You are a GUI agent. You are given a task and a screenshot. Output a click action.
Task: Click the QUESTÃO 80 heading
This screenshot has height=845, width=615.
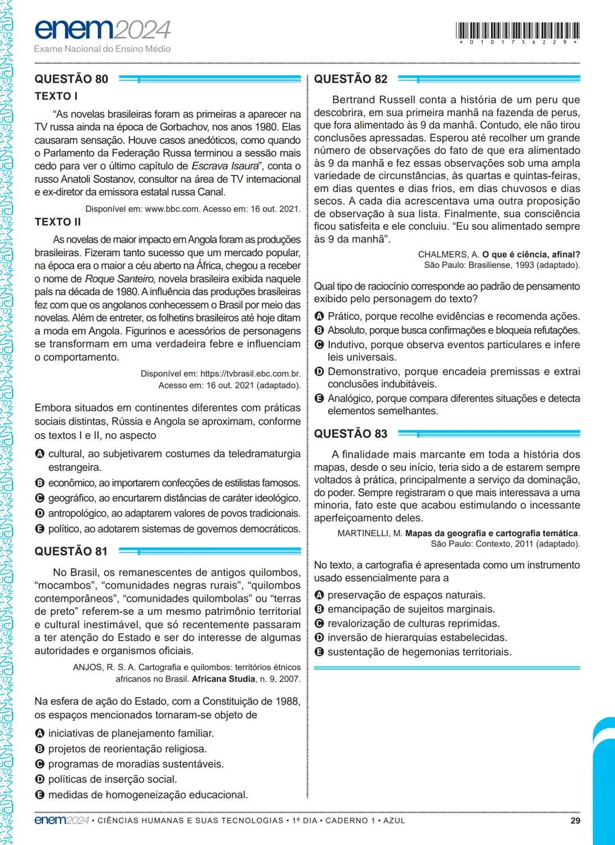click(x=71, y=79)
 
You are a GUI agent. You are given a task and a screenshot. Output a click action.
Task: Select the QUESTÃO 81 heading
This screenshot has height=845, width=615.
click(x=71, y=552)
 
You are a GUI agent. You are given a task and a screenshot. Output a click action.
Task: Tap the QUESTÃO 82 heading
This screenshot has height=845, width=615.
click(x=351, y=79)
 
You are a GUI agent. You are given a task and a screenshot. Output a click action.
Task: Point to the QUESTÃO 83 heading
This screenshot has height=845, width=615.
click(x=351, y=434)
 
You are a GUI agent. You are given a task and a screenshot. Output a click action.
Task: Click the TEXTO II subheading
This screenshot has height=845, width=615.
click(x=58, y=222)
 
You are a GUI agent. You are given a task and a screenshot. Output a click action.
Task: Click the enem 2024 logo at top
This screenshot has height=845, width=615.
click(x=102, y=30)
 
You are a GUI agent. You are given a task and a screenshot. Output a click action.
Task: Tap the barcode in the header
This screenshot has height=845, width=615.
click(x=518, y=30)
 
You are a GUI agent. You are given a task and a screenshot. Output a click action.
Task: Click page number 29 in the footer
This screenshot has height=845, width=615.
click(x=575, y=820)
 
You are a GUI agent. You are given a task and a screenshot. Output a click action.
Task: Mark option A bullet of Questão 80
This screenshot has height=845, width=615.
click(x=39, y=454)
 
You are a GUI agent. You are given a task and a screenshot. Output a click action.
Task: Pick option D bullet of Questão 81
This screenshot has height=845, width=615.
click(x=39, y=779)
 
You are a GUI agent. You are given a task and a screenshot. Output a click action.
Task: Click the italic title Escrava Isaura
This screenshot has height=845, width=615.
click(x=225, y=166)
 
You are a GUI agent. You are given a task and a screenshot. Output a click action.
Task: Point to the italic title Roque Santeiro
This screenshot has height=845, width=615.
click(x=120, y=279)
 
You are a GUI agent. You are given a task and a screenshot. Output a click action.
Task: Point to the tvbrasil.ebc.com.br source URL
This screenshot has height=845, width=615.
click(x=250, y=374)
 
